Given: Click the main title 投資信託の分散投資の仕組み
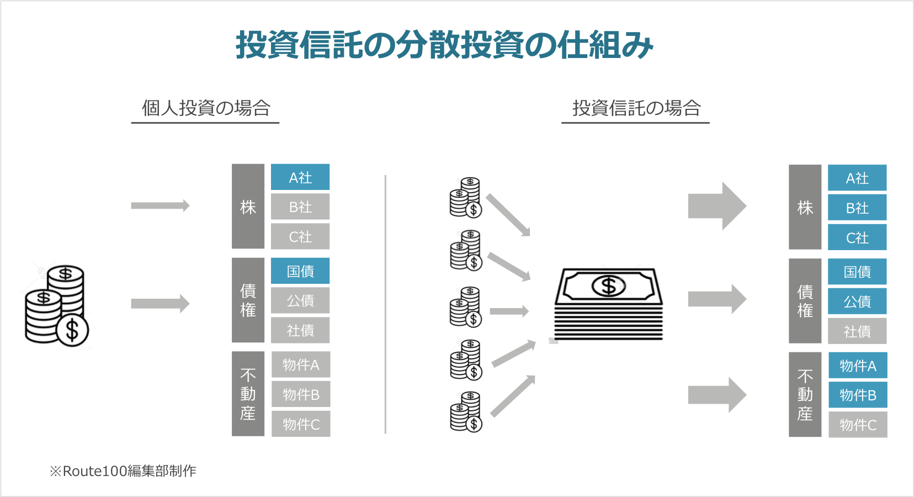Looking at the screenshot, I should pos(444,45).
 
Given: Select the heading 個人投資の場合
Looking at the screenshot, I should pos(205,108).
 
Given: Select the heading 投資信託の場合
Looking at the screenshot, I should pos(636,108).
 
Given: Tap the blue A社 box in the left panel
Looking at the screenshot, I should pos(300,177).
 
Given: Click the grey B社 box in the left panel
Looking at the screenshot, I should pos(300,207).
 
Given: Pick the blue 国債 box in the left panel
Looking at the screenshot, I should pos(300,271).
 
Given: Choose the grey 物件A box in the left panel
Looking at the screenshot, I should pos(301,365).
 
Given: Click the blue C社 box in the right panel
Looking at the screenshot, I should pos(857,238).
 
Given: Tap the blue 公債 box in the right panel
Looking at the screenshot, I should pos(857,302).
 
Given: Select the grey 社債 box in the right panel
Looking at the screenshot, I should pos(857,331).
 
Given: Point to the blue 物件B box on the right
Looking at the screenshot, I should pos(858,395).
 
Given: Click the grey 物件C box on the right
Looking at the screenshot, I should pos(858,425).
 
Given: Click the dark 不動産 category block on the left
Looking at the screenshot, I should pos(248,394).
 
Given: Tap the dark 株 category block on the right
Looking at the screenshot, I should pos(805,208).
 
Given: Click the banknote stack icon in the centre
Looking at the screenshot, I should pos(608,304).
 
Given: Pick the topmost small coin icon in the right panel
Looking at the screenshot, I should pos(466,198).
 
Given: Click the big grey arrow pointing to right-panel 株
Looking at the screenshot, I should pos(716,206).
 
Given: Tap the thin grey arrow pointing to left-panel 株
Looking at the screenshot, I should pos(160,206).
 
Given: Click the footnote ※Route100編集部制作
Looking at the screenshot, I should pos(123,471).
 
